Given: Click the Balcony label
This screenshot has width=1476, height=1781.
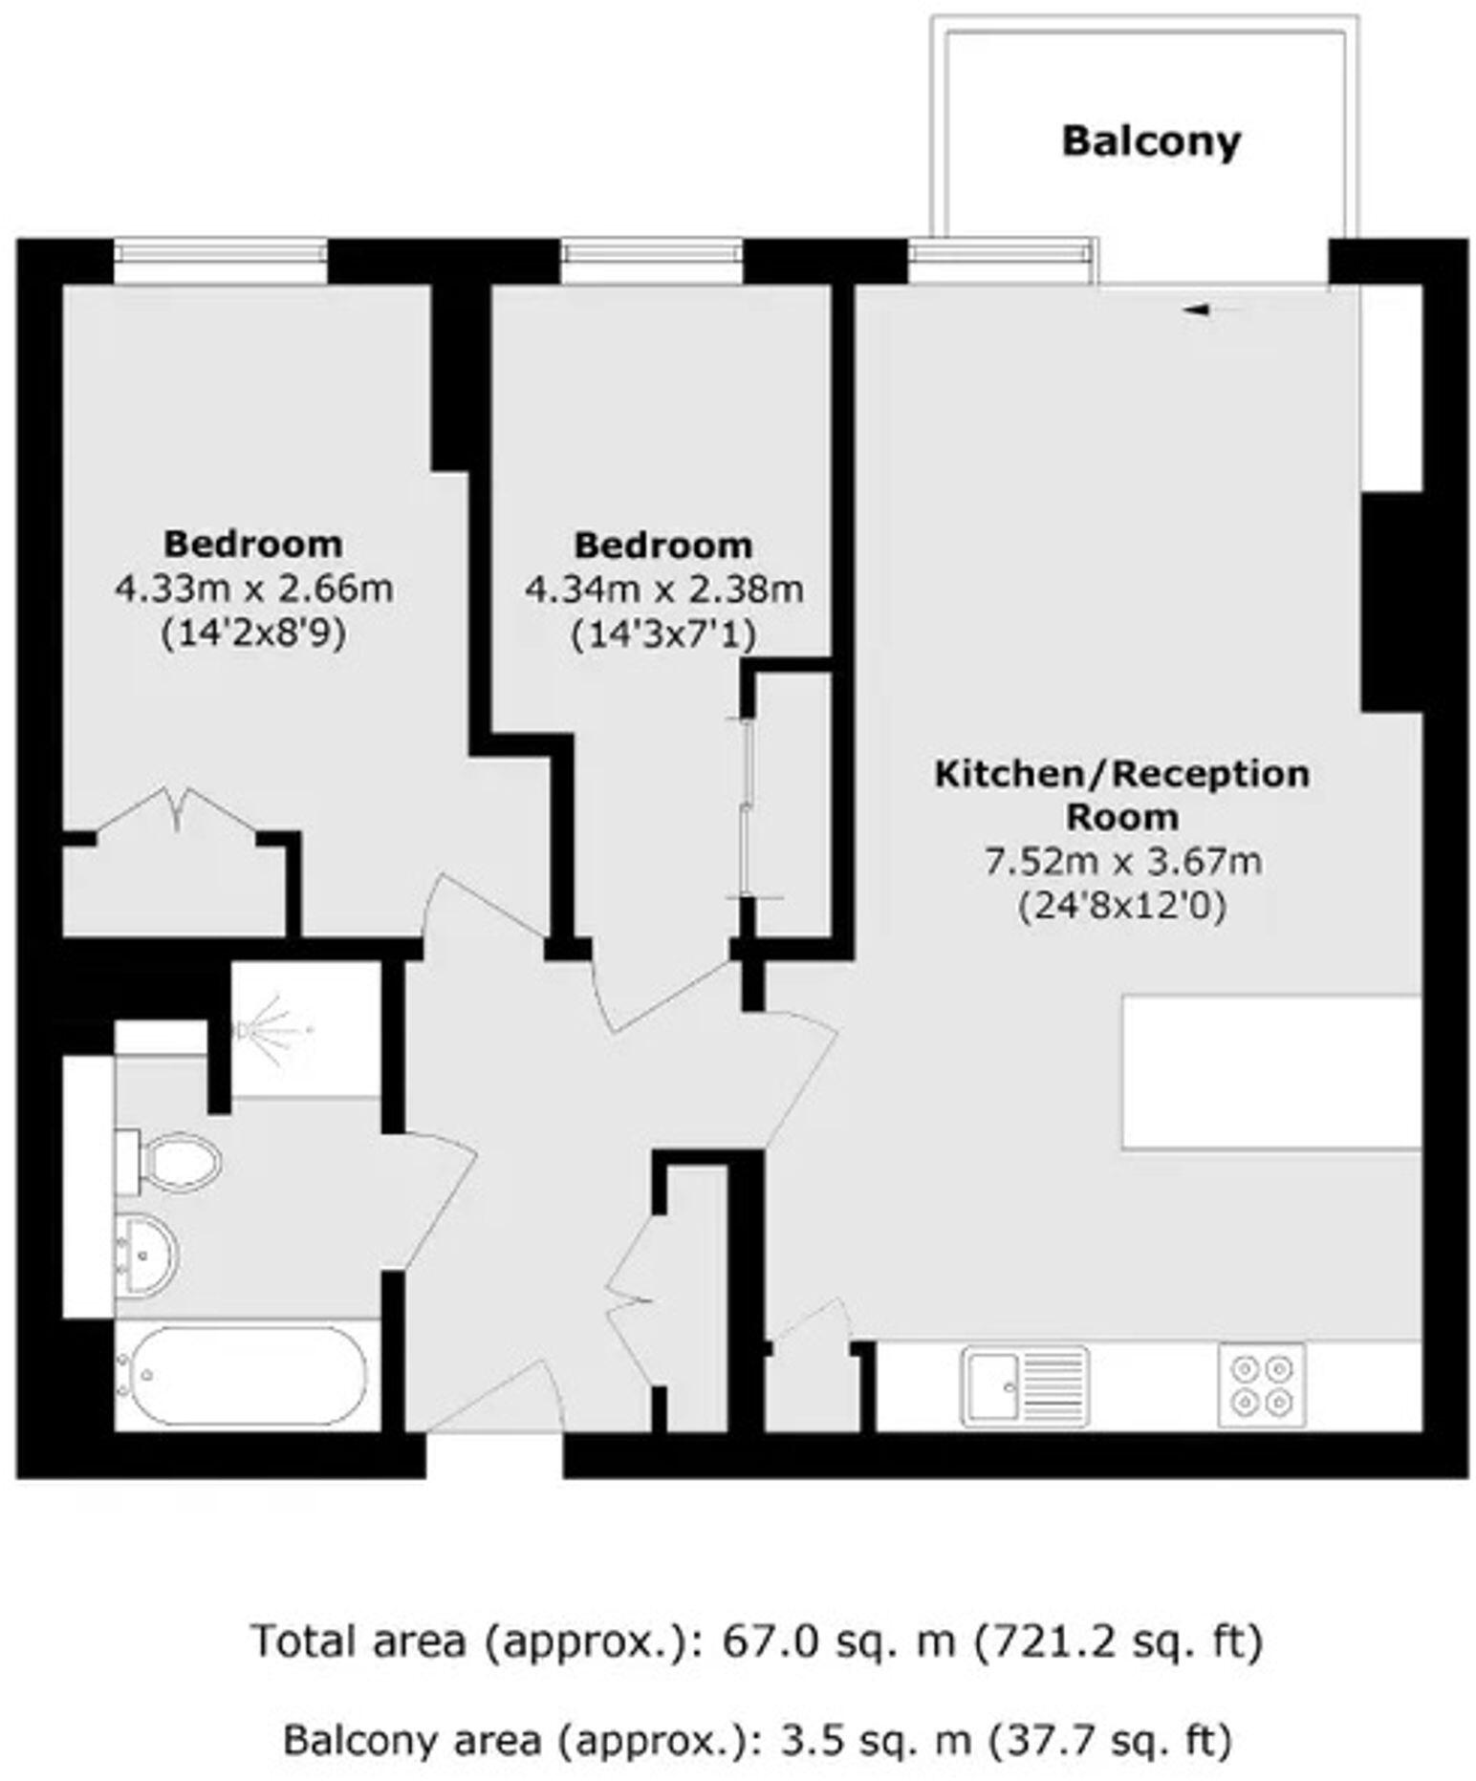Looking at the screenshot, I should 1150,141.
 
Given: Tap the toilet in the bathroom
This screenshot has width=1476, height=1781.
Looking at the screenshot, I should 172,1162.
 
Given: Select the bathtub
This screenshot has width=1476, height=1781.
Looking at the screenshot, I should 247,1376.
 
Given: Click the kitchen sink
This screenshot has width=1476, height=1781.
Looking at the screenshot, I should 1024,1384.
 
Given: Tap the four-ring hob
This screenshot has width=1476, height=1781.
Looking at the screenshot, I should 1261,1384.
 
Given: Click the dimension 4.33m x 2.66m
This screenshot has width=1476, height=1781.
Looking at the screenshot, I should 253,589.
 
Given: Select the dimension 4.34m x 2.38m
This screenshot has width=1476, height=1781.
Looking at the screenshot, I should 663,590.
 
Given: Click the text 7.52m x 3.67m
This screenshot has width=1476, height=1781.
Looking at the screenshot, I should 1122,862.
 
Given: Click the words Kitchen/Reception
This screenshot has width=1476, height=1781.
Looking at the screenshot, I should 1121,774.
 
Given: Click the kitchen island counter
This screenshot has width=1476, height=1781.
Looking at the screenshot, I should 1271,1072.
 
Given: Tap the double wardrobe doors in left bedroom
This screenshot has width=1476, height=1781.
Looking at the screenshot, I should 177,812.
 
